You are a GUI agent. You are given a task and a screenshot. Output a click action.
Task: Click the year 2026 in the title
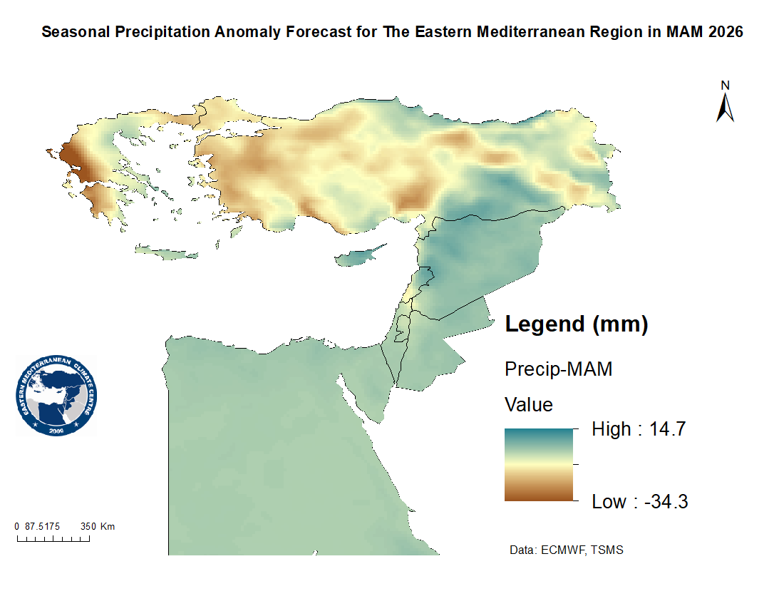click(x=726, y=32)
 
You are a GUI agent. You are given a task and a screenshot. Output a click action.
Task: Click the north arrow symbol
click(x=725, y=108)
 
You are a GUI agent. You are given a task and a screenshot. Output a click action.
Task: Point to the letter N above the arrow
click(x=726, y=86)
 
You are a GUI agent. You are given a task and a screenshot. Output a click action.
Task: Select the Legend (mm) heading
click(x=576, y=324)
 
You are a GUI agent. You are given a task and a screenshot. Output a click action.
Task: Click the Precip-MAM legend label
click(x=558, y=369)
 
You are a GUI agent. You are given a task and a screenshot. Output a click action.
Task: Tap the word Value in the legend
click(x=528, y=405)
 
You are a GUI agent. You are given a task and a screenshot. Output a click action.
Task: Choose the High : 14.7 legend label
click(x=639, y=429)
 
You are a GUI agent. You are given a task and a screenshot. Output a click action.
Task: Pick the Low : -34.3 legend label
click(x=640, y=502)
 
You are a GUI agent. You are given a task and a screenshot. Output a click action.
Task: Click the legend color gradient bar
click(x=538, y=465)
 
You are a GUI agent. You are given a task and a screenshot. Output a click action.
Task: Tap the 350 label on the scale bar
click(x=88, y=526)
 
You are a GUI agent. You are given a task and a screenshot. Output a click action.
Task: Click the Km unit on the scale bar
click(x=108, y=526)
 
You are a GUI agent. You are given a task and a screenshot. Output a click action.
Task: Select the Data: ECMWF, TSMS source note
click(x=567, y=550)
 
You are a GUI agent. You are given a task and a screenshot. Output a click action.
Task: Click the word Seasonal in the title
click(x=72, y=32)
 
